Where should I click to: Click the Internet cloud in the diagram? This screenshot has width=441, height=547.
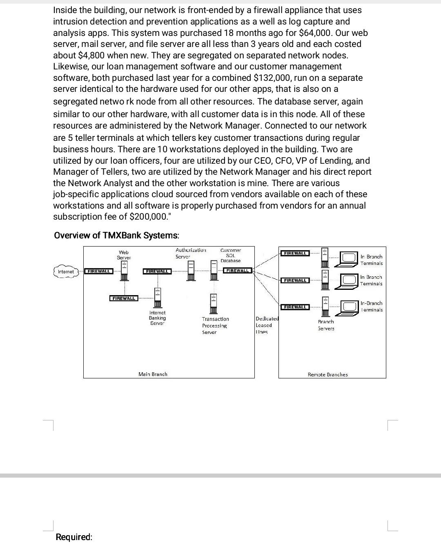(66, 272)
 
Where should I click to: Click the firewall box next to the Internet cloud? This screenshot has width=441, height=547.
(98, 271)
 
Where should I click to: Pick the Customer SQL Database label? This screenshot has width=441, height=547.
(230, 256)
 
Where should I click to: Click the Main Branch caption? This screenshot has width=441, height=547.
(153, 374)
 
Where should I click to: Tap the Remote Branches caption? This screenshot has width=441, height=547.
(327, 374)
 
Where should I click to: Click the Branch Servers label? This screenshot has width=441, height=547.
(326, 325)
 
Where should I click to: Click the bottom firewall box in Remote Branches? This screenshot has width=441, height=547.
(295, 307)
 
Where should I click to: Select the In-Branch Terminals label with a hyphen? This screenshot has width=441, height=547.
(371, 307)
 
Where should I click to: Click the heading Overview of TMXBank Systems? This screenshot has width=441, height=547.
(116, 236)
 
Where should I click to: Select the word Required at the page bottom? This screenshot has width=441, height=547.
(74, 537)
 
